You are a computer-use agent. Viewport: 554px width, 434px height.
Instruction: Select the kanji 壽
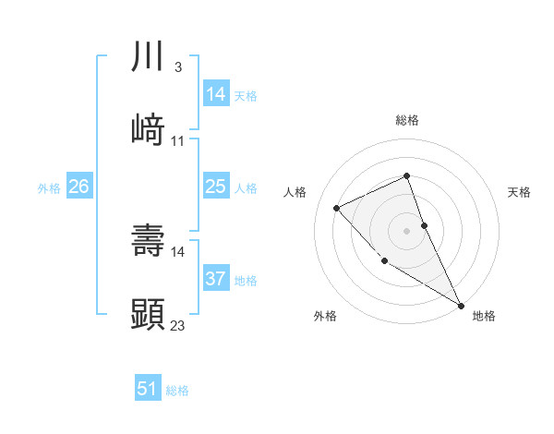[148, 240]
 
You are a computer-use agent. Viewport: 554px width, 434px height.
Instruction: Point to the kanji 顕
[148, 313]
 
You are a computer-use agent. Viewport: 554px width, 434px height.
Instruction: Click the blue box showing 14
[216, 94]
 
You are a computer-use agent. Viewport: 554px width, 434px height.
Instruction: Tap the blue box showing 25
[216, 187]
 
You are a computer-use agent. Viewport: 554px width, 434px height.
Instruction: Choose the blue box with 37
[216, 279]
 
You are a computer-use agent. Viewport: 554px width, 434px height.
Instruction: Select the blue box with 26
[78, 187]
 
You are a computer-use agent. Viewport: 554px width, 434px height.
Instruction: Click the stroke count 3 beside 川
[177, 67]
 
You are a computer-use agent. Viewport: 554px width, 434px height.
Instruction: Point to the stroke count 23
[178, 325]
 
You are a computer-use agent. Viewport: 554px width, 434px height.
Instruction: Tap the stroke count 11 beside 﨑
[177, 141]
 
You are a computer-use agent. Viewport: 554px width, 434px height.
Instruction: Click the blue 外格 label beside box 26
[49, 188]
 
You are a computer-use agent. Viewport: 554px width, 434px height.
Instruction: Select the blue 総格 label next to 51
[177, 391]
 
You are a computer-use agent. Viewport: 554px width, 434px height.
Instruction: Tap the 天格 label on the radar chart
[519, 192]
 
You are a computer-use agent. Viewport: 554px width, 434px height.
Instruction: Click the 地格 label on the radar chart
[484, 316]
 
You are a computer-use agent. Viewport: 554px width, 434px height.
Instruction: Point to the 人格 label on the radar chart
[295, 192]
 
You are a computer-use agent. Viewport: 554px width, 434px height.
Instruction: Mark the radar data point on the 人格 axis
[337, 208]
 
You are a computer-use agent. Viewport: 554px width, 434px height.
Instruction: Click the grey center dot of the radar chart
[407, 231]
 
